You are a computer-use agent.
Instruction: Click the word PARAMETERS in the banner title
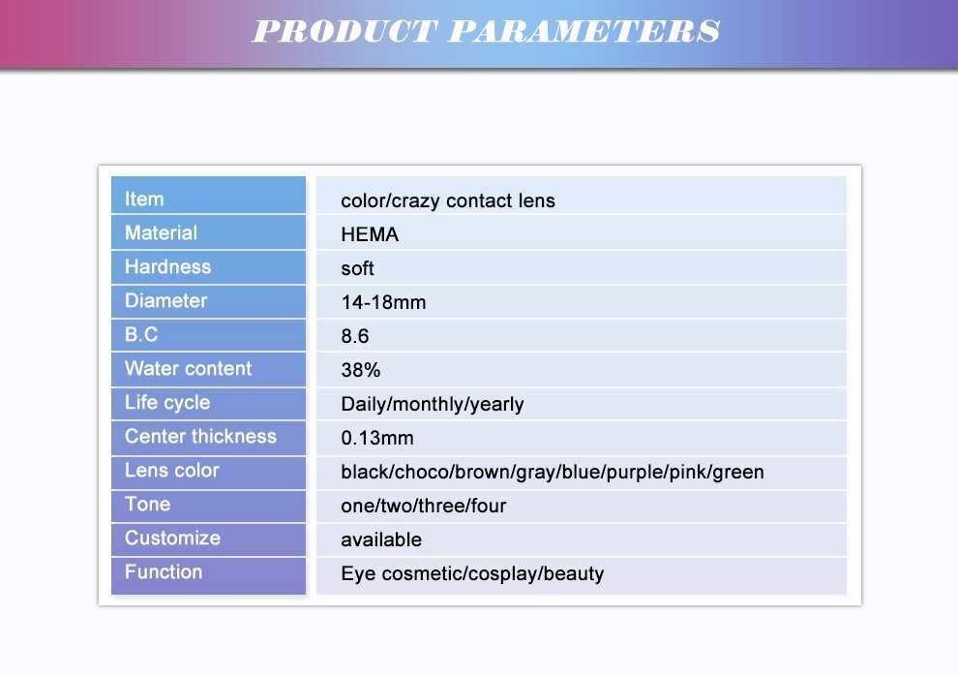[584, 31]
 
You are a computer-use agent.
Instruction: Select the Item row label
[144, 200]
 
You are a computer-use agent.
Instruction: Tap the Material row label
[161, 233]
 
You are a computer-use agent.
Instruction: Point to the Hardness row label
[167, 266]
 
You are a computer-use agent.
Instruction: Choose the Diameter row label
[165, 301]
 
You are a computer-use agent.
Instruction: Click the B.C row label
[141, 334]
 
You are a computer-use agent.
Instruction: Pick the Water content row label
[188, 369]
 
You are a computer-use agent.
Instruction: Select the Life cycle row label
[167, 402]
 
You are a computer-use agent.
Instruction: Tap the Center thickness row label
[200, 437]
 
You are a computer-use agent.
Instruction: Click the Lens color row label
[171, 471]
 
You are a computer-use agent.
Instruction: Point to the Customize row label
[172, 539]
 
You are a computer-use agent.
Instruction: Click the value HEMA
[370, 234]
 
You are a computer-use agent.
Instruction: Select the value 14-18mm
[383, 302]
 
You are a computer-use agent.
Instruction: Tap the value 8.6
[355, 336]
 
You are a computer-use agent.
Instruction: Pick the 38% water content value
[361, 370]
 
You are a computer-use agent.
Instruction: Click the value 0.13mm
[377, 438]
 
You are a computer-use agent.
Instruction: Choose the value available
[381, 540]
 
